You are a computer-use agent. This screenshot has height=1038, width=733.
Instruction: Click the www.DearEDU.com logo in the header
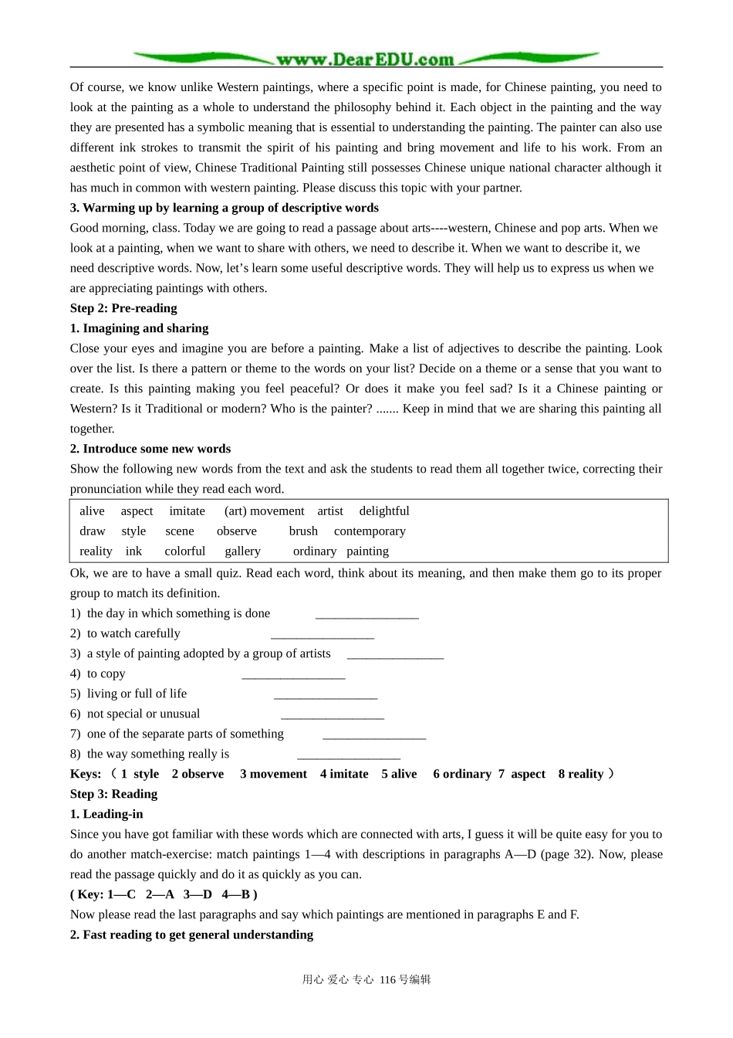click(365, 59)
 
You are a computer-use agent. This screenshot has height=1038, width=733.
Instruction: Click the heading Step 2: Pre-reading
click(123, 308)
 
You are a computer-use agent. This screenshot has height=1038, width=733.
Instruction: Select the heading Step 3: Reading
click(113, 794)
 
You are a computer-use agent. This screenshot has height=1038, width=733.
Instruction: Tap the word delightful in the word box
click(383, 511)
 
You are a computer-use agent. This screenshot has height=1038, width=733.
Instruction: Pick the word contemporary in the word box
click(370, 531)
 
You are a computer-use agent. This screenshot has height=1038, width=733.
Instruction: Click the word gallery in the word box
click(242, 551)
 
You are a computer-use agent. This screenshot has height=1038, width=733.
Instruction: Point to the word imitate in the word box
click(187, 511)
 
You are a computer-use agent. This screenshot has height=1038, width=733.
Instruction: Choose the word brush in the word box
click(303, 531)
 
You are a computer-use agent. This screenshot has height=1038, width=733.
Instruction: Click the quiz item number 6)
click(75, 714)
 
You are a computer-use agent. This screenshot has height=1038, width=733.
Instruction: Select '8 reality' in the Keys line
click(580, 774)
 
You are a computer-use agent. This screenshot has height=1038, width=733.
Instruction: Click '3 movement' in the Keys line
click(273, 774)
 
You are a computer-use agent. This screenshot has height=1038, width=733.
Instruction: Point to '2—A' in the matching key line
click(160, 894)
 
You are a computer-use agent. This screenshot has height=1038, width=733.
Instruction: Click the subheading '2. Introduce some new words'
click(150, 449)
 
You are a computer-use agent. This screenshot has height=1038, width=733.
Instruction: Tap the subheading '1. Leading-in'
click(106, 814)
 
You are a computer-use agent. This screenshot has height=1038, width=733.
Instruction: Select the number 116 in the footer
click(387, 980)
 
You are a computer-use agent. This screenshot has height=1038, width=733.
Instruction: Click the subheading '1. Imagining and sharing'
click(139, 328)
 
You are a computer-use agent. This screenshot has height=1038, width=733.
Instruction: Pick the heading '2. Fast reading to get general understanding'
click(191, 935)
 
